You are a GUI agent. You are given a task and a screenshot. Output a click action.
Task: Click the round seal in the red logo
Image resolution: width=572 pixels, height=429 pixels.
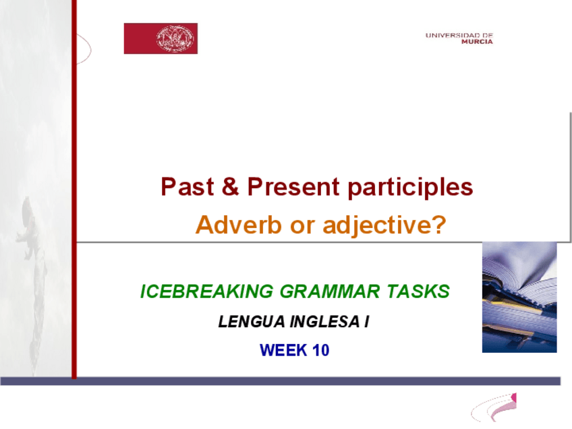pos(175,38)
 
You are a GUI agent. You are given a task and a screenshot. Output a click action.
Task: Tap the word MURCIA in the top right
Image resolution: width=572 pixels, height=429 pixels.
pos(477,42)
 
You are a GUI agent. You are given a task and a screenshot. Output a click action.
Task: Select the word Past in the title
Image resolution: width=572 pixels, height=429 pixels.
pos(187,187)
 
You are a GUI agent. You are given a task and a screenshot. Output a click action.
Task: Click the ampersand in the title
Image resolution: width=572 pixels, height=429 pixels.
pos(230,186)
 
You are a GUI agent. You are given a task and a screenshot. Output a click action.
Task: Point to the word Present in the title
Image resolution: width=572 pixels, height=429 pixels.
pos(293,187)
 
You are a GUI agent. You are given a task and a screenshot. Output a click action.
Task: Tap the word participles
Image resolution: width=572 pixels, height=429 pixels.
pos(410,188)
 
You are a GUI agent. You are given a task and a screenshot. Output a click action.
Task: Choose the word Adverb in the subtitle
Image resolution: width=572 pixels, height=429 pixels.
pos(239,225)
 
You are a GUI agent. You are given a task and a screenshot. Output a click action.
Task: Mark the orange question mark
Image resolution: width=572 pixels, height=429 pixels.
pos(439,224)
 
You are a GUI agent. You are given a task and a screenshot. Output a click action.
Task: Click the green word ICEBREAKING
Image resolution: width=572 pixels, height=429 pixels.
pos(207,291)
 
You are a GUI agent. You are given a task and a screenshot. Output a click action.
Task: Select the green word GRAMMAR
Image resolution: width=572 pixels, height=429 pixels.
pos(330,291)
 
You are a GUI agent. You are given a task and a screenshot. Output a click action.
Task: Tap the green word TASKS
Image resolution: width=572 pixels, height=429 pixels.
pos(418,291)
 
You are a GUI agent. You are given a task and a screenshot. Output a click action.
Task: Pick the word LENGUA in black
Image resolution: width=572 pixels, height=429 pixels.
pos(252,322)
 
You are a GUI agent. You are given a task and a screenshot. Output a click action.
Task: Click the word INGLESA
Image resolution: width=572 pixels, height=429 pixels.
pos(324,322)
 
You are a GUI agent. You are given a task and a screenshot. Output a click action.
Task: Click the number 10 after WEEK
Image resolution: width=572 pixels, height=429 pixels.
pos(321,350)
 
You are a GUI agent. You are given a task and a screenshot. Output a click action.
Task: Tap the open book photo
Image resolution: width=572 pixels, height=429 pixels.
pos(519,297)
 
